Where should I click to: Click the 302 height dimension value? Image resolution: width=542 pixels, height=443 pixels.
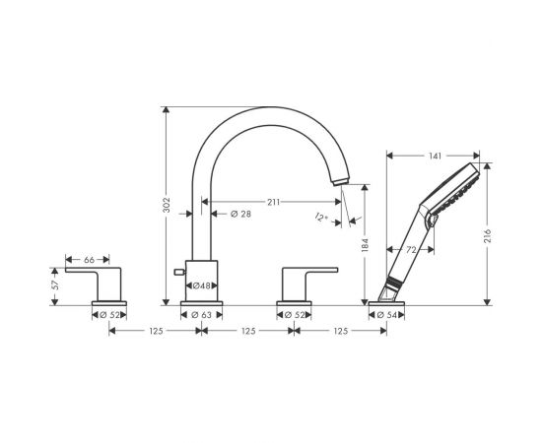click(168, 205)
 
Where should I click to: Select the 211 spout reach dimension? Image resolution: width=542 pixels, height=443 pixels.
click(272, 201)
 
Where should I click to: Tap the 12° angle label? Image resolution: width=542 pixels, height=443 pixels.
click(321, 217)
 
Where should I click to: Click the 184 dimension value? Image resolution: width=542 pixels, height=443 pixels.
click(364, 246)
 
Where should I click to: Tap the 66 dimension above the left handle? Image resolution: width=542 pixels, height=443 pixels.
click(89, 259)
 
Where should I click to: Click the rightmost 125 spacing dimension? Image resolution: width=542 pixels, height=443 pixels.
click(339, 333)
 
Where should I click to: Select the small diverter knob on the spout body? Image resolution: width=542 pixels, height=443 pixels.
click(178, 270)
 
